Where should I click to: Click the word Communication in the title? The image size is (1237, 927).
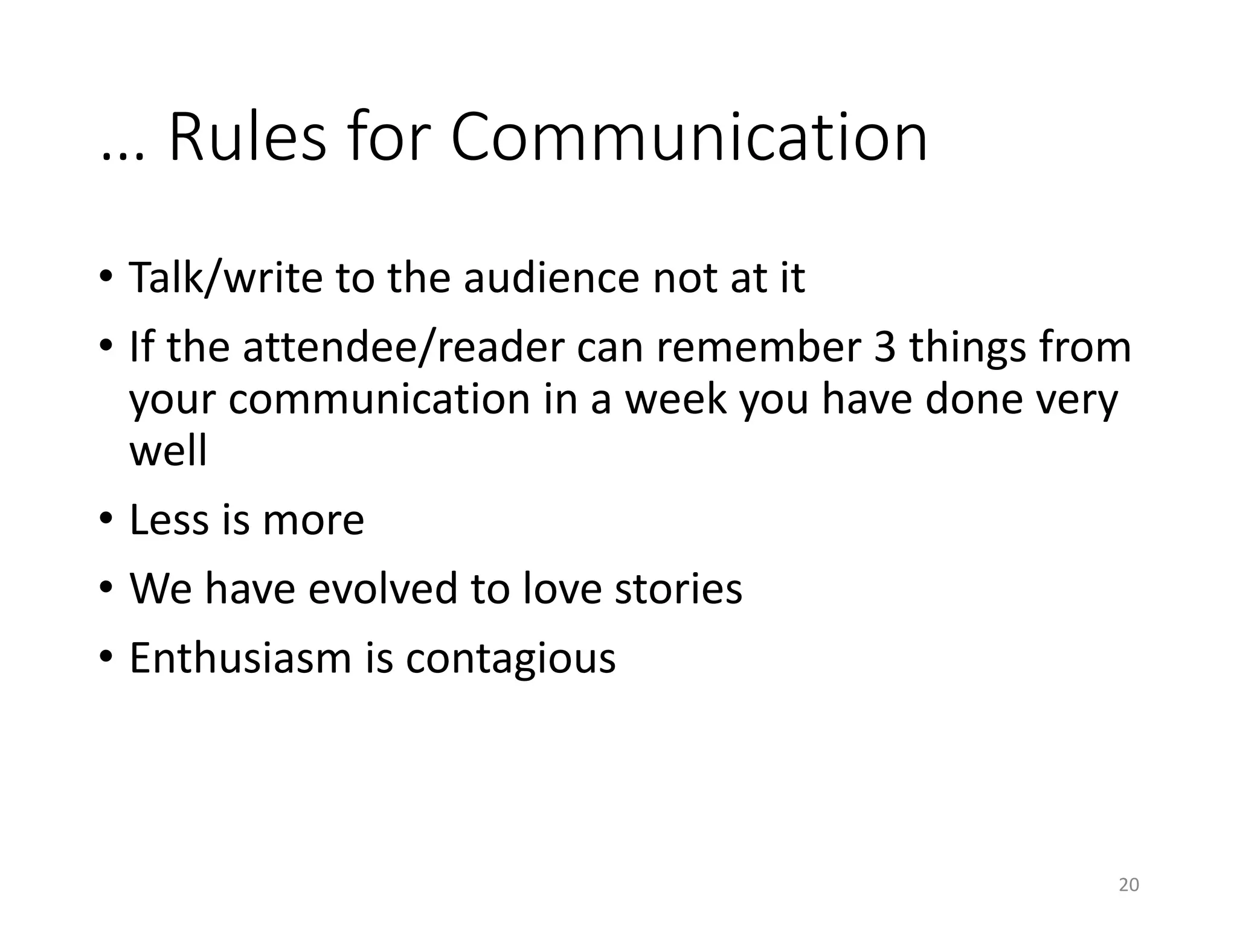point(689,138)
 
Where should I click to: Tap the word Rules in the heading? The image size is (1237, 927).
point(248,138)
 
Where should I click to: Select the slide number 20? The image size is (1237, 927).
point(1128,885)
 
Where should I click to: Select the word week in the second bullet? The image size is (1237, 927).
point(675,399)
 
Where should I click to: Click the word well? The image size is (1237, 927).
point(168,451)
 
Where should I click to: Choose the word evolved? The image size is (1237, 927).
point(382,588)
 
